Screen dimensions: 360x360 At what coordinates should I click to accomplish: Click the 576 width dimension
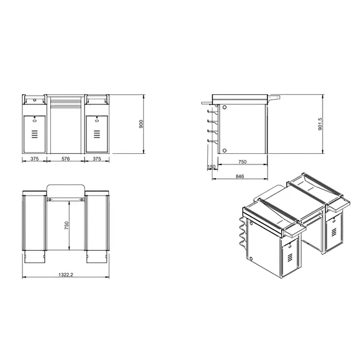66,159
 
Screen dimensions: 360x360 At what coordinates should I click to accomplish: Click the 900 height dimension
141,125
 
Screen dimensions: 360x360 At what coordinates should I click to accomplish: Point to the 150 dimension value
212,167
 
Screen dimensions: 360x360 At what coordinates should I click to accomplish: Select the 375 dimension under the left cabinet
35,159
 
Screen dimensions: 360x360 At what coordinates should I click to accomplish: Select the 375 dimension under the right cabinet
98,159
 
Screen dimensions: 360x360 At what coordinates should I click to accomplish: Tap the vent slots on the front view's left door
35,133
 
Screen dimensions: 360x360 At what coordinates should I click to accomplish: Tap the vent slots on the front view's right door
97,133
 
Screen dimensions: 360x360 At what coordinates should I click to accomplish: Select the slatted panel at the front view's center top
66,101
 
